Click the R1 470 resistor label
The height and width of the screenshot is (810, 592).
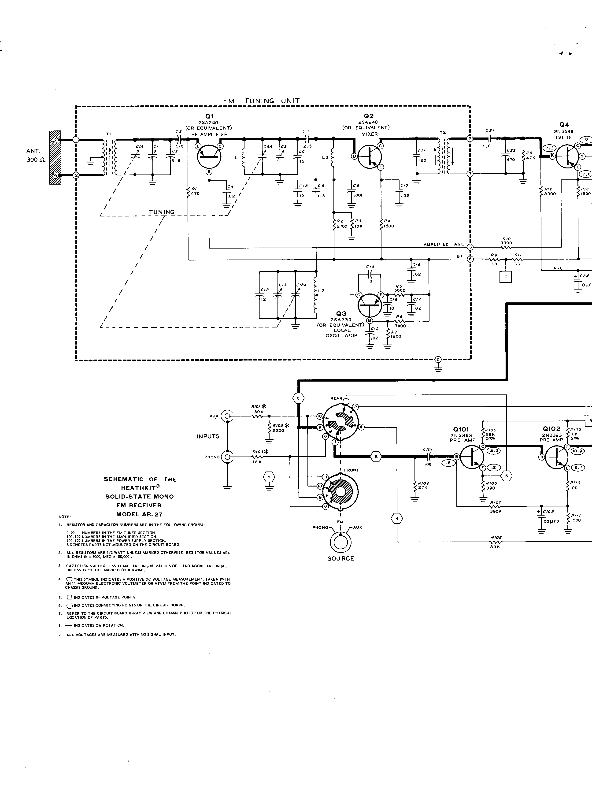(x=195, y=191)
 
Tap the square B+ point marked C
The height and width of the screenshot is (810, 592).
(x=506, y=277)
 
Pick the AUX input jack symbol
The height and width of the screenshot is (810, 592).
(x=226, y=416)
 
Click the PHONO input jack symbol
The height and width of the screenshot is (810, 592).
(x=226, y=457)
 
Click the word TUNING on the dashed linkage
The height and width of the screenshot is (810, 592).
(x=162, y=212)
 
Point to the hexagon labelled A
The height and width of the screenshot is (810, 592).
(x=269, y=477)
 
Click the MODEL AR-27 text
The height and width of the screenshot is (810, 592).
(x=139, y=514)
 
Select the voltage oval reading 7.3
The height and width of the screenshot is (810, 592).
(x=549, y=148)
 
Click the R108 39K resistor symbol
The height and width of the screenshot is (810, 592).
(x=496, y=542)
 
